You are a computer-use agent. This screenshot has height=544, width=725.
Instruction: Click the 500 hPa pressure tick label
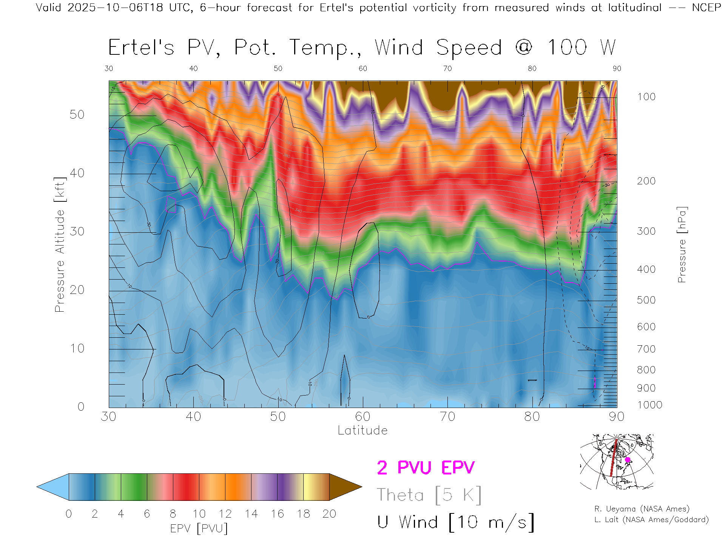click(x=646, y=300)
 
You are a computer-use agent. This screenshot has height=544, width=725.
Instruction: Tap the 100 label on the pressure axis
click(x=646, y=97)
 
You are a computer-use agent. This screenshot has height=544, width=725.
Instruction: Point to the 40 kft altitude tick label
click(x=77, y=173)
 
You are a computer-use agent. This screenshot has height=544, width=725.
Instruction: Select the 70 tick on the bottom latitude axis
click(x=447, y=417)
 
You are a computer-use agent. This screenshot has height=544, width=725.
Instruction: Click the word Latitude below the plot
click(x=362, y=430)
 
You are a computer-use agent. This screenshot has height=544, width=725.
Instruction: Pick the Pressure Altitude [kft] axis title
click(x=60, y=244)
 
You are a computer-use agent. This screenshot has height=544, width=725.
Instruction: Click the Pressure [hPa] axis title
click(x=682, y=244)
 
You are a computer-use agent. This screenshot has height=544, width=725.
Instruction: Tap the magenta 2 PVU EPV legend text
click(x=426, y=468)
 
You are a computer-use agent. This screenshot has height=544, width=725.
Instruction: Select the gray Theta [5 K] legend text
click(x=429, y=495)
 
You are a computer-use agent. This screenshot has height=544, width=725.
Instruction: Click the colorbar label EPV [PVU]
click(x=199, y=529)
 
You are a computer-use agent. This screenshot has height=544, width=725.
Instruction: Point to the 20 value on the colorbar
click(x=329, y=514)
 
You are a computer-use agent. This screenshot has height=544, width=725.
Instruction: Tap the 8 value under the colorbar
click(x=173, y=514)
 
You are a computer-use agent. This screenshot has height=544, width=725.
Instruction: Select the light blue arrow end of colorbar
click(x=52, y=487)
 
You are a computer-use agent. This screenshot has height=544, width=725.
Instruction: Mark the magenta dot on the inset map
click(x=628, y=460)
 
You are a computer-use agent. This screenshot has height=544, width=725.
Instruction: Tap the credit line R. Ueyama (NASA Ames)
click(x=642, y=509)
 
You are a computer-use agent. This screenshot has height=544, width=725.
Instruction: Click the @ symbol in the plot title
click(x=524, y=48)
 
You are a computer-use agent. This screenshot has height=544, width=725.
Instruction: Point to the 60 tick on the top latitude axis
click(x=362, y=68)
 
